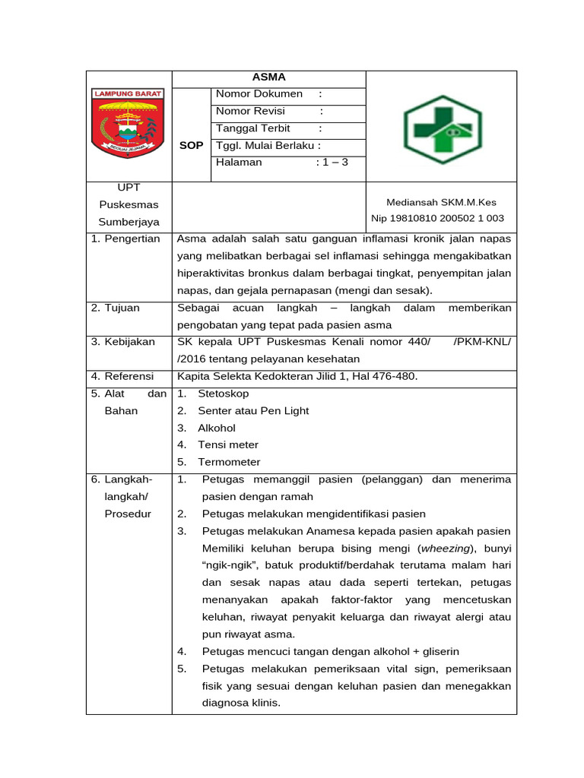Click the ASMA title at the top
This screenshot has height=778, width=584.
(x=268, y=77)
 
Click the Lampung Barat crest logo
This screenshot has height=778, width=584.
(x=128, y=122)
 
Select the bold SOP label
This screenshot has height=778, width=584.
(x=191, y=145)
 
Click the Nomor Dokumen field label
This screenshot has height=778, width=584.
(x=259, y=94)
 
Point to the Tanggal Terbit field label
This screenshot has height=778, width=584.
(x=252, y=128)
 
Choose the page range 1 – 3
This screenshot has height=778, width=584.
(x=332, y=162)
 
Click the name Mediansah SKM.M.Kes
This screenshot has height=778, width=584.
(x=441, y=202)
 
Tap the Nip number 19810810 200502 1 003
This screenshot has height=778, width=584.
(x=437, y=219)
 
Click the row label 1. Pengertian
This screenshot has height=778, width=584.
(x=125, y=239)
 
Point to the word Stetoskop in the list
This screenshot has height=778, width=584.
(x=223, y=394)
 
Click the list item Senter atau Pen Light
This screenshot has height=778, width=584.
(x=253, y=410)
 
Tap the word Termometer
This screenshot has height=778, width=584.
(x=229, y=462)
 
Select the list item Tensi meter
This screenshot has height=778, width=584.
(x=228, y=444)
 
